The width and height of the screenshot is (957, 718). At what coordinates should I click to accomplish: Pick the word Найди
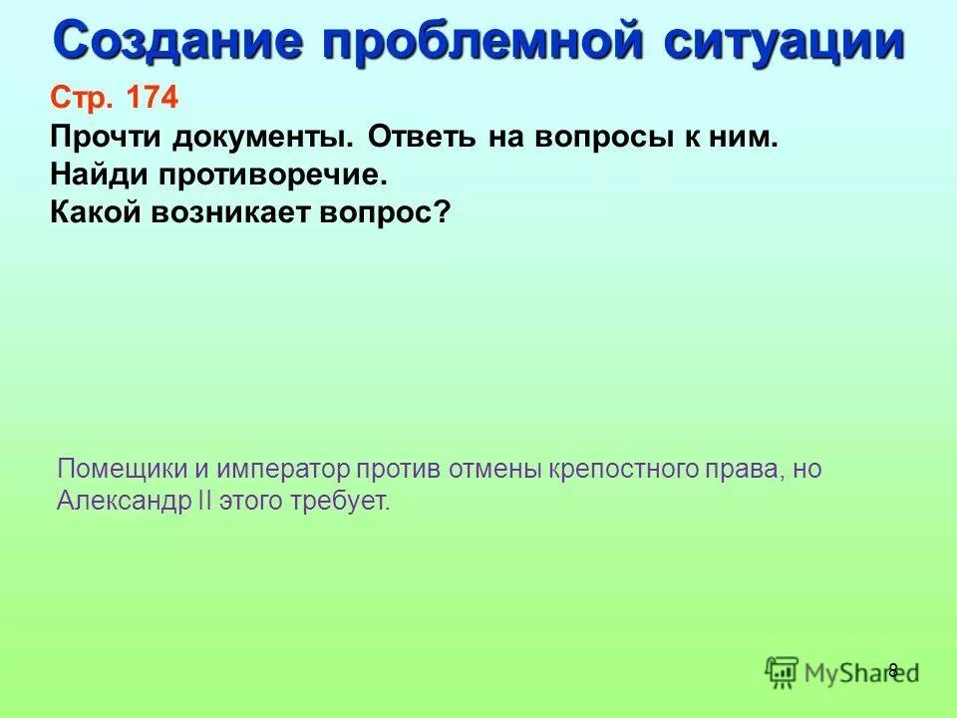point(94,176)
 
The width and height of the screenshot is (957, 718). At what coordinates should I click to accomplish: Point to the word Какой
point(94,213)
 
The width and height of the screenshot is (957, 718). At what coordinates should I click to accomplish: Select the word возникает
point(236,213)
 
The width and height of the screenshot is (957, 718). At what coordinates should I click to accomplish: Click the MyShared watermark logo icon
point(784,672)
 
